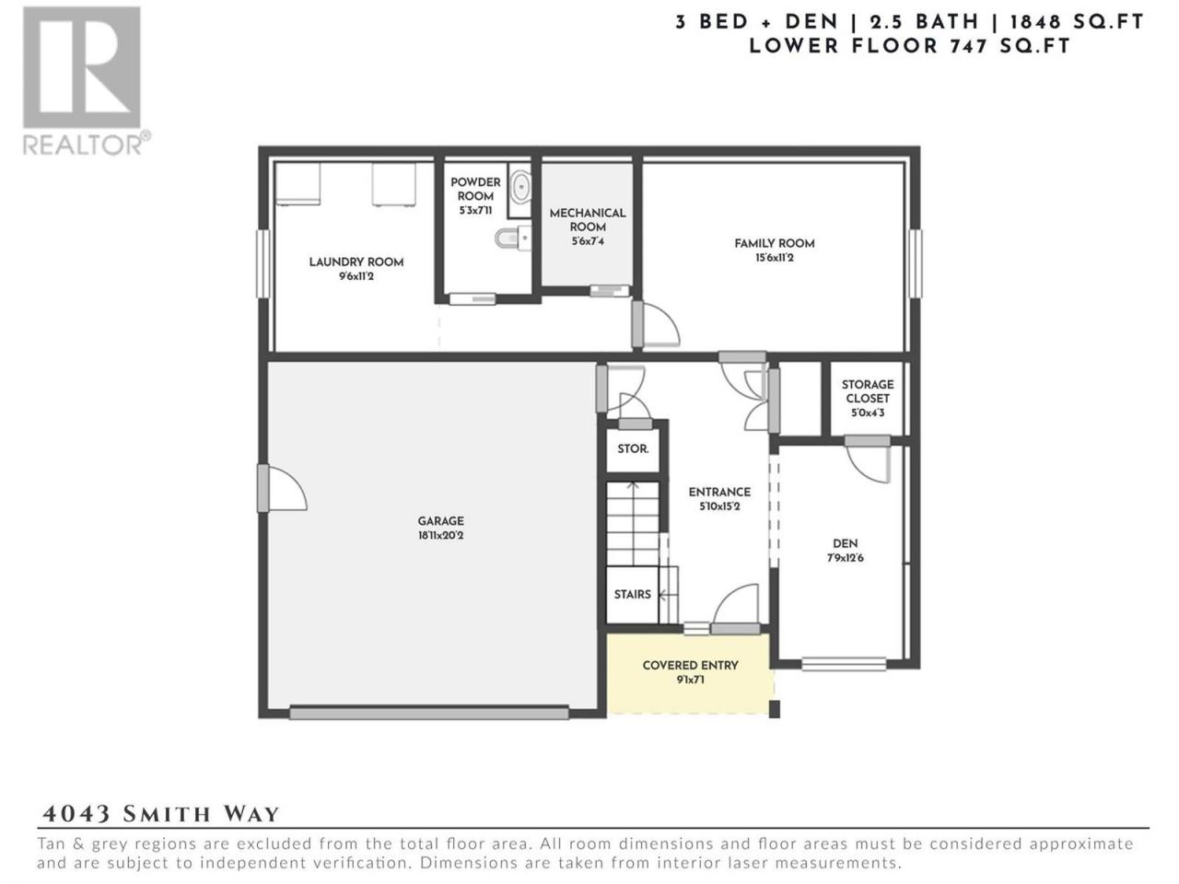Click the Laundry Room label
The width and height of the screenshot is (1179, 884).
(356, 262)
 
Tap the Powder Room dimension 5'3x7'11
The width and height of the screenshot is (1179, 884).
(475, 210)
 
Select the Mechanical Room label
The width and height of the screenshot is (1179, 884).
(588, 220)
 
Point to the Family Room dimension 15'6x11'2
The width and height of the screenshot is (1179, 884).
(774, 258)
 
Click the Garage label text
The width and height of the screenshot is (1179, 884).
(441, 520)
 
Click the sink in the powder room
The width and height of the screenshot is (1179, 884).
(520, 187)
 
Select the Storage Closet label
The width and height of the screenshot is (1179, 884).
(868, 391)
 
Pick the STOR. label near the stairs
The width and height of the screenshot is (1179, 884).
(633, 448)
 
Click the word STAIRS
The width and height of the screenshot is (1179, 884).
(632, 594)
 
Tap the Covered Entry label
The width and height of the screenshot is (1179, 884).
(690, 666)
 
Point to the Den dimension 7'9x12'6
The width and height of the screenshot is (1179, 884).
(845, 558)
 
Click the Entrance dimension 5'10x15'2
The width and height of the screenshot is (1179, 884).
(719, 506)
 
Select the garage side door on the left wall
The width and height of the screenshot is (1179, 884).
(282, 488)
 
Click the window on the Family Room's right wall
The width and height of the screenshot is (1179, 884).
(916, 263)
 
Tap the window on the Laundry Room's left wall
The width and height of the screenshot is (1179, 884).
(263, 263)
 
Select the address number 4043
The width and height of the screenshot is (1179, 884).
(76, 814)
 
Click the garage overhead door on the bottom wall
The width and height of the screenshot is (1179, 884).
(429, 714)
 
